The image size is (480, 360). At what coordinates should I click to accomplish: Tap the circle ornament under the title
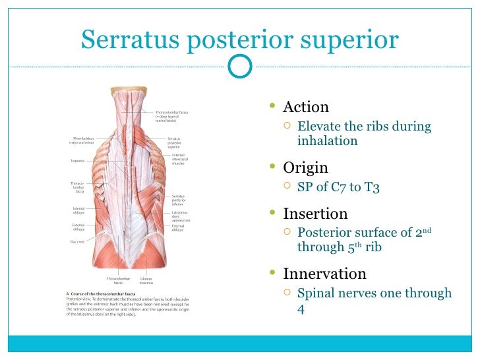[239, 65]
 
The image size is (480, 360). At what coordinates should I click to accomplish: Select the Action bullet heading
[305, 107]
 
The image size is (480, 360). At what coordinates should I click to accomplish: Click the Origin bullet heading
[305, 167]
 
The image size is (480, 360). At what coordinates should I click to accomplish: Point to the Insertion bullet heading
[315, 214]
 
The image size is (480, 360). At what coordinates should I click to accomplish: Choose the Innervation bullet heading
[324, 274]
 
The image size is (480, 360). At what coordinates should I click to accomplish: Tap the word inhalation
[327, 140]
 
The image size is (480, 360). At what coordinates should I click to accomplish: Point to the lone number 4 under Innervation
[301, 308]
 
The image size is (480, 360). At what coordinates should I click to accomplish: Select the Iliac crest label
[78, 241]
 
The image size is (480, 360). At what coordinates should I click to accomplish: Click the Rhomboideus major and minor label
[82, 140]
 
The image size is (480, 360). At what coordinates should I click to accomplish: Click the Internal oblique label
[79, 210]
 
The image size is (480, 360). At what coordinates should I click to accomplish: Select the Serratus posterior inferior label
[179, 200]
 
